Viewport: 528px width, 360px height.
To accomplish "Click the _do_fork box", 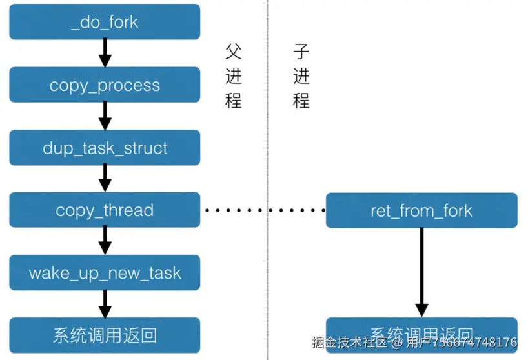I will (105, 23).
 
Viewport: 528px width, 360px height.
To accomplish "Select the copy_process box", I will (105, 85).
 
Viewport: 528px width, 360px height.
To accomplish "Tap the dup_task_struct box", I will (105, 148).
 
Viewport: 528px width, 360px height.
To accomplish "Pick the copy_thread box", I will (105, 210).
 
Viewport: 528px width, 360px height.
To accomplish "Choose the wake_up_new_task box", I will (105, 272).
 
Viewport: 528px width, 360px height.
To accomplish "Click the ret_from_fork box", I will (421, 210).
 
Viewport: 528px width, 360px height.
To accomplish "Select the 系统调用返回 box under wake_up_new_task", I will (105, 335).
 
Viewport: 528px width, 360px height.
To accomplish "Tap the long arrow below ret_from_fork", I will (421, 271).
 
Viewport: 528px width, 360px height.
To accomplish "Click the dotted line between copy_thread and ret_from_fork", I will (265, 210).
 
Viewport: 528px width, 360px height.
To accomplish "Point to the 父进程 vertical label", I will (233, 76).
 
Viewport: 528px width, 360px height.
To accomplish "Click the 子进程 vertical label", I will (301, 76).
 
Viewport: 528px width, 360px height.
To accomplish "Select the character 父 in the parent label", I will (233, 52).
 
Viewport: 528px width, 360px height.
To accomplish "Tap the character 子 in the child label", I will (301, 52).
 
